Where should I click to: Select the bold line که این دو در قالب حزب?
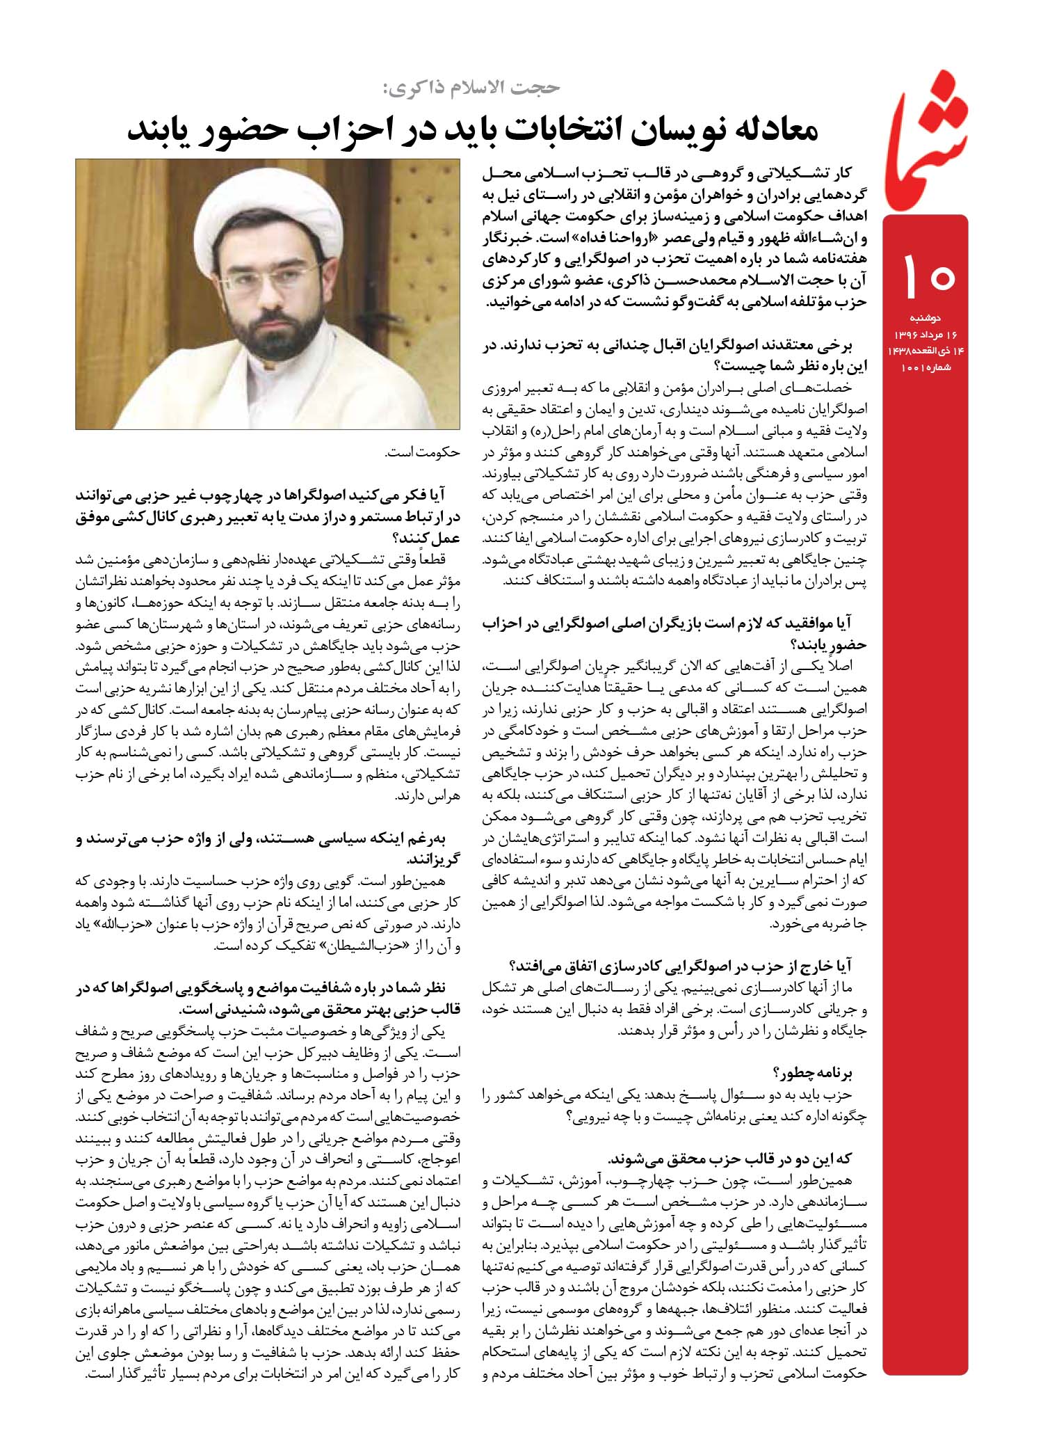tap(730, 1159)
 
